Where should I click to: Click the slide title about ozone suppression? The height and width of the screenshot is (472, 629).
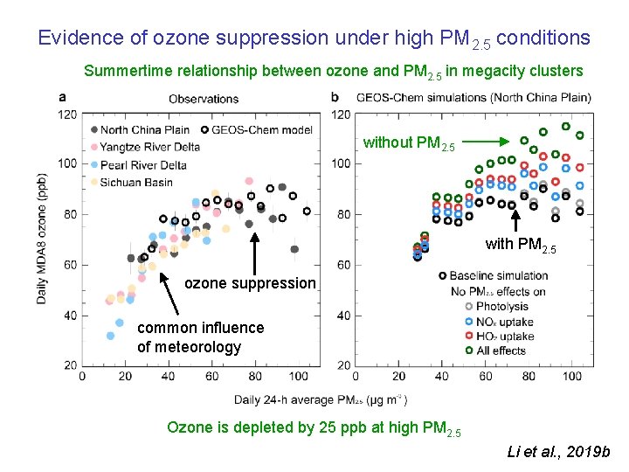pyautogui.click(x=314, y=38)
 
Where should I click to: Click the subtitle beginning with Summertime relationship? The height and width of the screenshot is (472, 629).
pyautogui.click(x=333, y=71)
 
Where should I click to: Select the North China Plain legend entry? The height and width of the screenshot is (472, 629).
pyautogui.click(x=144, y=130)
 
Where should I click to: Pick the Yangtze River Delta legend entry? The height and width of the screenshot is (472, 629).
pyautogui.click(x=149, y=147)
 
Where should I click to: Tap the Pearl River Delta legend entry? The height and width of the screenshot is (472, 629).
pyautogui.click(x=142, y=164)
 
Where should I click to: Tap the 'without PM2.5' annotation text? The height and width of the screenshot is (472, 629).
pyautogui.click(x=409, y=142)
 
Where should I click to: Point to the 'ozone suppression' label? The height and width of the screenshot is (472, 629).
pyautogui.click(x=250, y=282)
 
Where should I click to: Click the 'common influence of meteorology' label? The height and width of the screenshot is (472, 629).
pyautogui.click(x=200, y=337)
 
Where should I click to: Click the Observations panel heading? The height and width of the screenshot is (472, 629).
pyautogui.click(x=204, y=99)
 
